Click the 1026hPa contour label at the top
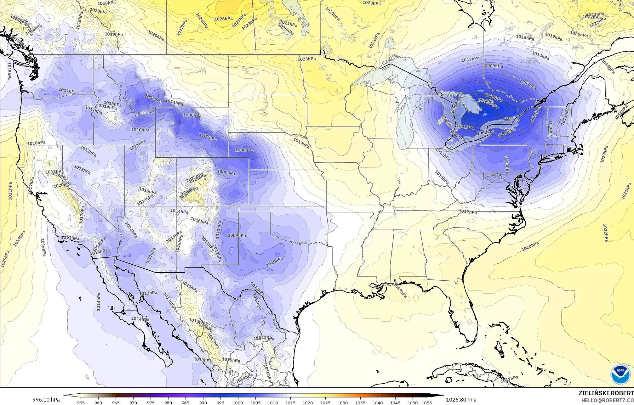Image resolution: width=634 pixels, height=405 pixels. pos(223,19)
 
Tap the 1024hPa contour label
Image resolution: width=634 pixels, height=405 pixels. pos(202,21)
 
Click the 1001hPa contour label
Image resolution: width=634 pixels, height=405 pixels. pos(465,127)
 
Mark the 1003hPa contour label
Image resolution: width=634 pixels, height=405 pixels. pos(507,133)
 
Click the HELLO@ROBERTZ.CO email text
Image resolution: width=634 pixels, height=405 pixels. pos(608,400)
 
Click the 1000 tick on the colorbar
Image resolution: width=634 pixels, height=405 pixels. pos(238,402)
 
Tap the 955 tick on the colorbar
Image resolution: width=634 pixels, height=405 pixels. pos(81,402)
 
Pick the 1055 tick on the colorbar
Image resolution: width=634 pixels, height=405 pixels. pos(427,402)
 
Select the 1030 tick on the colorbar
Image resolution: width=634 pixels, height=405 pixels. pos(343,402)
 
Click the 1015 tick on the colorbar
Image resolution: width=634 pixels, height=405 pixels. pos(290,402)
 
